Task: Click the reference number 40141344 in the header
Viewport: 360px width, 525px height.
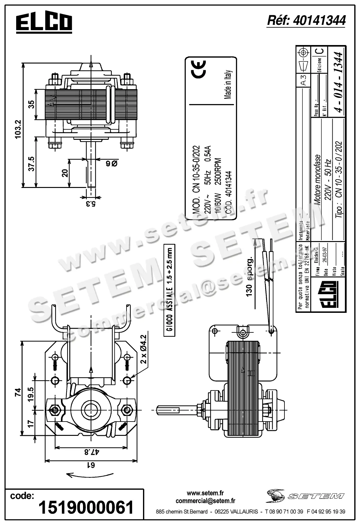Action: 306,21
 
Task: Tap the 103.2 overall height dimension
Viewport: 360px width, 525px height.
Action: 18,129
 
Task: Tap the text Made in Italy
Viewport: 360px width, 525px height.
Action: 228,84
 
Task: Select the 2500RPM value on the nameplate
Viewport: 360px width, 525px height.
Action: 218,172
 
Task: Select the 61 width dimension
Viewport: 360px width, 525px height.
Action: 90,465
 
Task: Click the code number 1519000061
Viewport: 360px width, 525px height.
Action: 86,507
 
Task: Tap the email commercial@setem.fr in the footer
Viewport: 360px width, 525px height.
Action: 205,501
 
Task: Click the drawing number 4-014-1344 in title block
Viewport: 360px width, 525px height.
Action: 338,82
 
